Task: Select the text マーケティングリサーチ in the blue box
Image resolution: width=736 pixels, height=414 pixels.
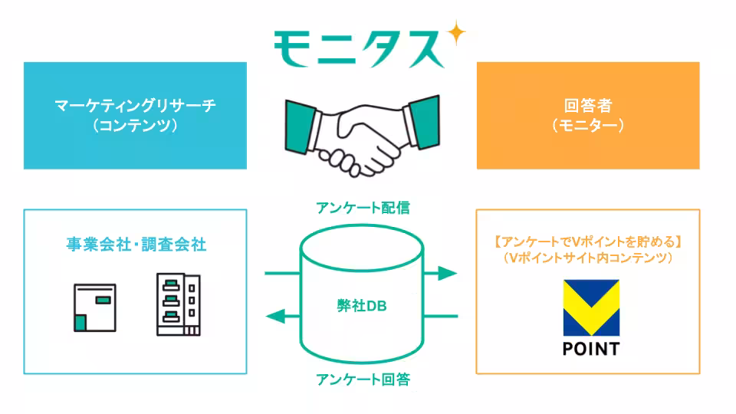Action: pyautogui.click(x=135, y=106)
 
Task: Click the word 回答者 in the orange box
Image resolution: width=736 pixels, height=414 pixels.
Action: pyautogui.click(x=587, y=106)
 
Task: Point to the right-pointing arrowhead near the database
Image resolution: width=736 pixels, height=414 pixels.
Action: pyautogui.click(x=445, y=272)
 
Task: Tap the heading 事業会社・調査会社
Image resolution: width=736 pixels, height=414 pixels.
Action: pyautogui.click(x=135, y=245)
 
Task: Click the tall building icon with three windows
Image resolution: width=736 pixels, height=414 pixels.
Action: pyautogui.click(x=176, y=304)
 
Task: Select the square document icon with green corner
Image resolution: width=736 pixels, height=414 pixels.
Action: pyautogui.click(x=94, y=308)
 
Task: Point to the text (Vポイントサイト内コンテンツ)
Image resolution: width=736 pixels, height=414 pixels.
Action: pyautogui.click(x=587, y=259)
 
